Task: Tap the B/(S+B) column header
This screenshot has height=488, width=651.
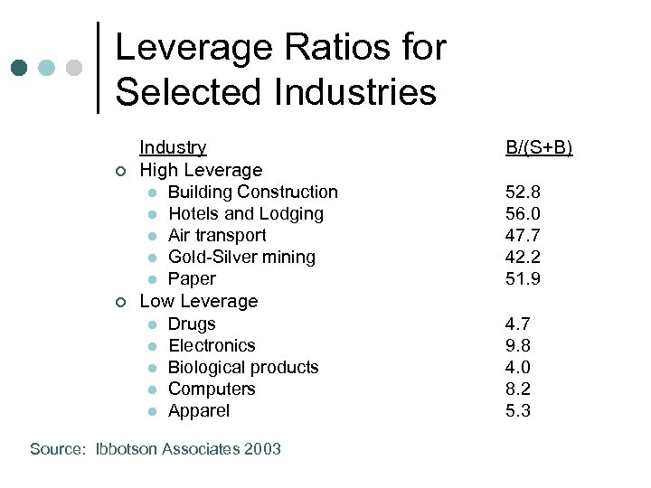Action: tap(539, 147)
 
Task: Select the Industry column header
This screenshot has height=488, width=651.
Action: tap(173, 147)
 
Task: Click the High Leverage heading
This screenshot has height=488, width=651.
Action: tap(201, 170)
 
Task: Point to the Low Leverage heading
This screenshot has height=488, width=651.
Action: tap(199, 301)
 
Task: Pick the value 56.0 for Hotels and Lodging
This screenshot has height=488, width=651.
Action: tap(523, 213)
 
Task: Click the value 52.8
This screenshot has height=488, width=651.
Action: tap(523, 192)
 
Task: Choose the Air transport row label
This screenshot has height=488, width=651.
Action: tap(217, 235)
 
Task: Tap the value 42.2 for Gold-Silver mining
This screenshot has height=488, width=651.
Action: tap(523, 257)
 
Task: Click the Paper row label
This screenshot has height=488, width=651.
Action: tap(192, 278)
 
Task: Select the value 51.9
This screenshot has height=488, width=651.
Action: tap(523, 278)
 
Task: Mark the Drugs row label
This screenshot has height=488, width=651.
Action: tap(192, 324)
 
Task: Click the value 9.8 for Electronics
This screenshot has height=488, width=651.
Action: tap(518, 345)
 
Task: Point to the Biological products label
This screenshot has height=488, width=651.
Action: tap(243, 367)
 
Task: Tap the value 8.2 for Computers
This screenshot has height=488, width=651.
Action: tap(518, 389)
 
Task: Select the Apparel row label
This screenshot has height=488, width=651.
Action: tap(199, 410)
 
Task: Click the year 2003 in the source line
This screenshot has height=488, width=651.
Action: tap(261, 449)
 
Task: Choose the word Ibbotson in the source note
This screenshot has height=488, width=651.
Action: tap(127, 449)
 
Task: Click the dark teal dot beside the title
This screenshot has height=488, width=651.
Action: tap(19, 69)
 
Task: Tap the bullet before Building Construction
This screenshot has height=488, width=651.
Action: tap(154, 192)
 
